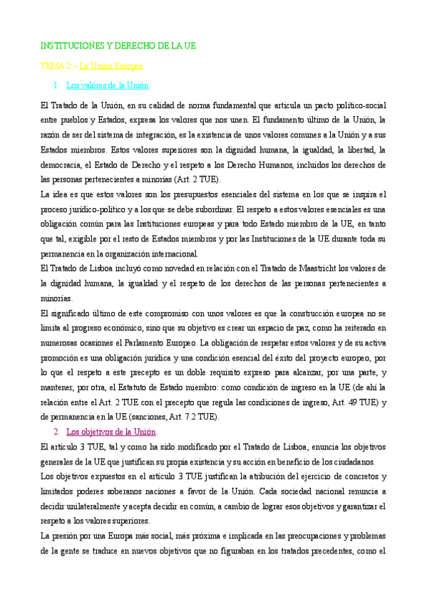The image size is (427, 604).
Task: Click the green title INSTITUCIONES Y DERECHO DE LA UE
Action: point(118,46)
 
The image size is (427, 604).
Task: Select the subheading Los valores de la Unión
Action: point(107,85)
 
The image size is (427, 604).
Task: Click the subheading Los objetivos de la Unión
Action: point(111,432)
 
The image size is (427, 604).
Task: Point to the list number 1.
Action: point(56,85)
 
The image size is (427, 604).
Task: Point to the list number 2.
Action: point(56,432)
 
